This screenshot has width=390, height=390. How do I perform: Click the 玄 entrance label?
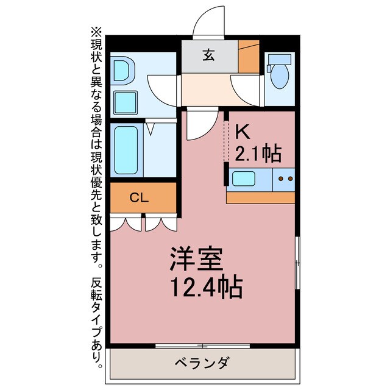point(209,55)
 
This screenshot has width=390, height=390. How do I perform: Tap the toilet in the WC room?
point(280,73)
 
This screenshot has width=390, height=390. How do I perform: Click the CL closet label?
point(139,197)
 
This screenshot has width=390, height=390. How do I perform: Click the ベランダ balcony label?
point(203,364)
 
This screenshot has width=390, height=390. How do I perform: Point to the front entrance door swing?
point(209,23)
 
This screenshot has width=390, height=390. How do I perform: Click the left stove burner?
point(281,179)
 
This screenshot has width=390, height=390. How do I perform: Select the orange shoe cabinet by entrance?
point(249,56)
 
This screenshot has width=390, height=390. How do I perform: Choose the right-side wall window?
point(297,262)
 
